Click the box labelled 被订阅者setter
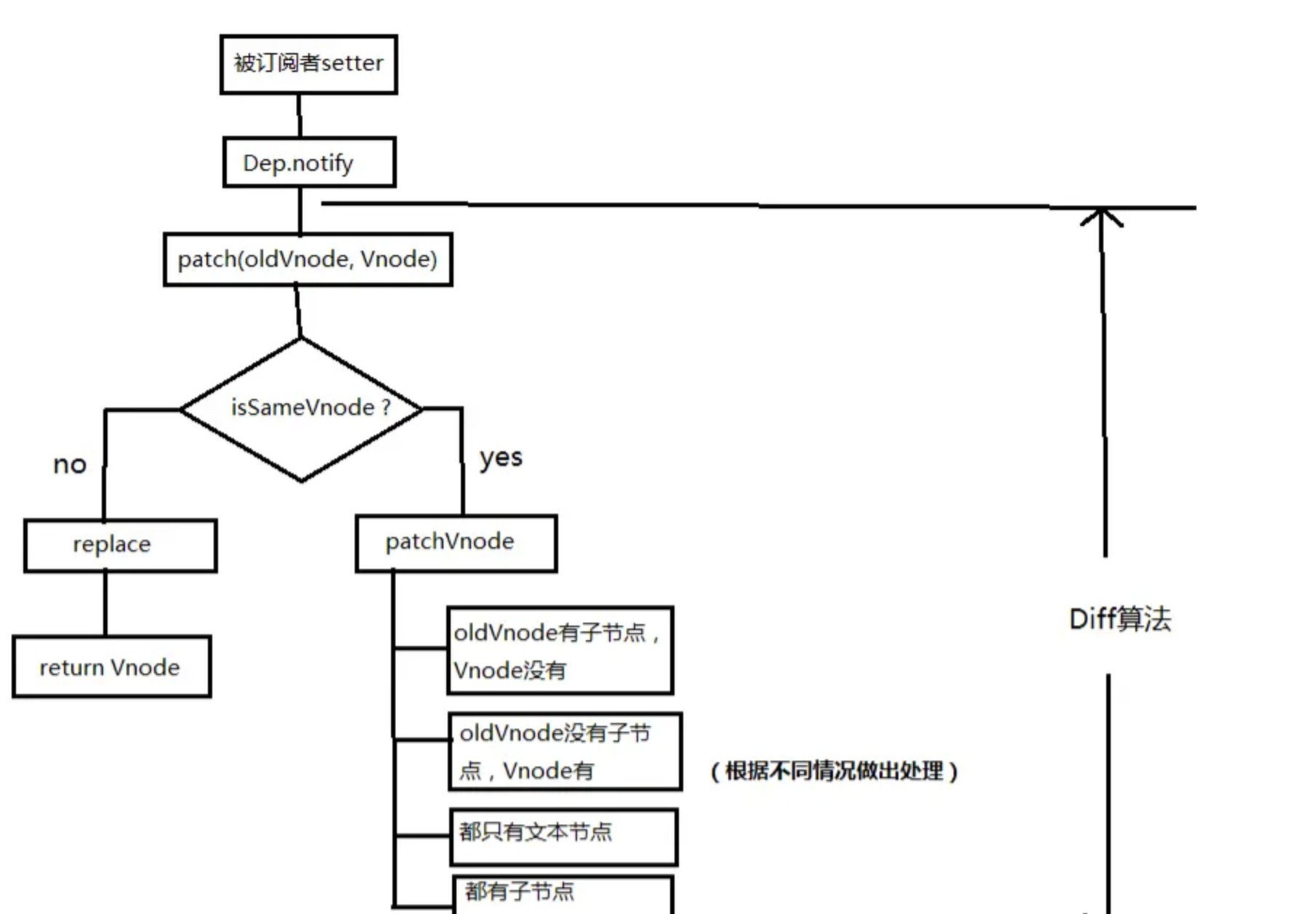point(308,64)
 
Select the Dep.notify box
point(309,162)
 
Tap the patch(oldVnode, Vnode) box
point(307,259)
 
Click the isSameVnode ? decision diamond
point(301,408)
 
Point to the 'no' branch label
point(70,464)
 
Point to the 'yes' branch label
point(501,458)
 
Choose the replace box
point(120,545)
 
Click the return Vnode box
point(111,667)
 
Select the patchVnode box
point(456,543)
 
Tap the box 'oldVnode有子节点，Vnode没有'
point(560,650)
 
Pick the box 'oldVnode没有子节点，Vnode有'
point(565,751)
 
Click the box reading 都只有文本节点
point(563,836)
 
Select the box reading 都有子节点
point(563,894)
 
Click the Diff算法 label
point(1120,619)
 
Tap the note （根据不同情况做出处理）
point(834,771)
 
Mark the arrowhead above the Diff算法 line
point(1102,215)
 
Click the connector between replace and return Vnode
point(105,604)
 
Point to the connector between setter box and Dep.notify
point(299,115)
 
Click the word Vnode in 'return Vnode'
point(145,667)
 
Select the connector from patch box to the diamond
point(298,311)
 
